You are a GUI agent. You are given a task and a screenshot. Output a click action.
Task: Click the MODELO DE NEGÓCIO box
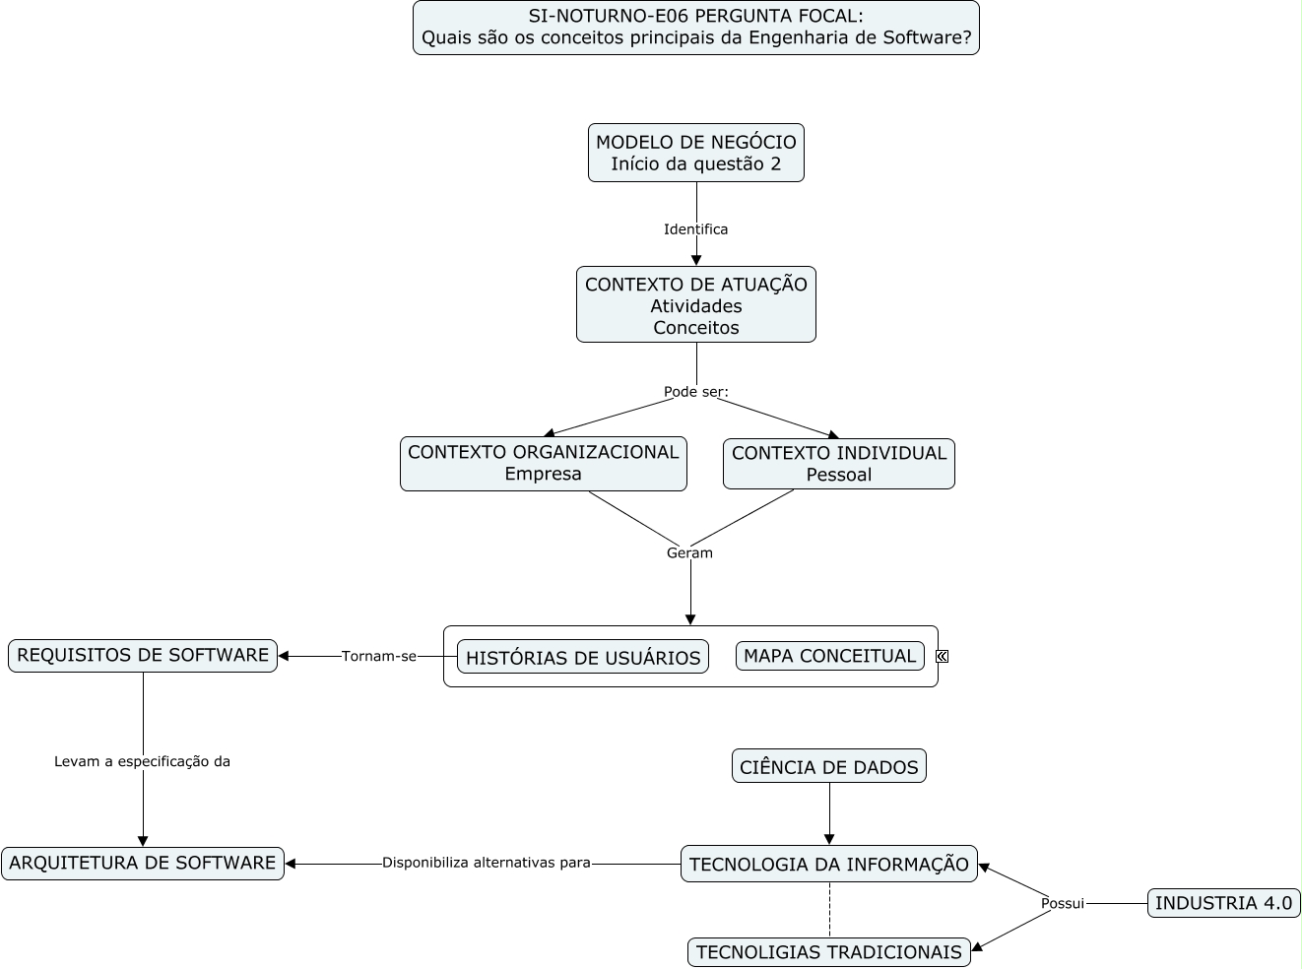coord(695,153)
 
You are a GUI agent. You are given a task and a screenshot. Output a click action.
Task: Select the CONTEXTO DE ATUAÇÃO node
coord(695,304)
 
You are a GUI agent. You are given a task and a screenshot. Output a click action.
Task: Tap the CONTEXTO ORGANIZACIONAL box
coord(543,463)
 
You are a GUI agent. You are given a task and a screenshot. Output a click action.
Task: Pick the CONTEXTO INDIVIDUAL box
coord(838,463)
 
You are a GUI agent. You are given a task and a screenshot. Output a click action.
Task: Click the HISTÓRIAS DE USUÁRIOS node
coord(582,656)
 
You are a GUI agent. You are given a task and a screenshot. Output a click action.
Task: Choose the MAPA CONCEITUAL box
coord(829,655)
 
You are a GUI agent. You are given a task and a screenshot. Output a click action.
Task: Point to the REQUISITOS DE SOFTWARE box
coord(143,655)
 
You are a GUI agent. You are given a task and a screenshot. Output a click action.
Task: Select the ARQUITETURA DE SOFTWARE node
coord(143,863)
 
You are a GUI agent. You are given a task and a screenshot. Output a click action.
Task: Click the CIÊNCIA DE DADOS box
coord(829,765)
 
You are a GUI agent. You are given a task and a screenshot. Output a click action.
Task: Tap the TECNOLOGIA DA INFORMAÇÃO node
coord(829,864)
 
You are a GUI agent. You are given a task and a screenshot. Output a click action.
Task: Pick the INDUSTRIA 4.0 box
coord(1223,903)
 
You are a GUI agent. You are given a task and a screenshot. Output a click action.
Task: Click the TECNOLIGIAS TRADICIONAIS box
coord(829,952)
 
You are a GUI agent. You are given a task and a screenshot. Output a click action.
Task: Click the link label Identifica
coord(695,228)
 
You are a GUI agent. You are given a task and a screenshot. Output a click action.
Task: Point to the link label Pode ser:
coord(695,392)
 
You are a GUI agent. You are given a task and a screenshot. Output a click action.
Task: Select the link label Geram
coord(689,552)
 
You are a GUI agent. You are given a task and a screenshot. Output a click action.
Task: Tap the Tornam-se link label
coord(378,656)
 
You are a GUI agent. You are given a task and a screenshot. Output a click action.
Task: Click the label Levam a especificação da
coord(142,761)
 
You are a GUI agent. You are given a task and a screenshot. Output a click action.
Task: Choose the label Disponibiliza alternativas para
coord(487,863)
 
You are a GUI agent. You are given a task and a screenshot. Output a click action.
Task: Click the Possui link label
coord(1063,903)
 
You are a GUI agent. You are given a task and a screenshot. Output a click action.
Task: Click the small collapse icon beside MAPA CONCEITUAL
coord(942,656)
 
